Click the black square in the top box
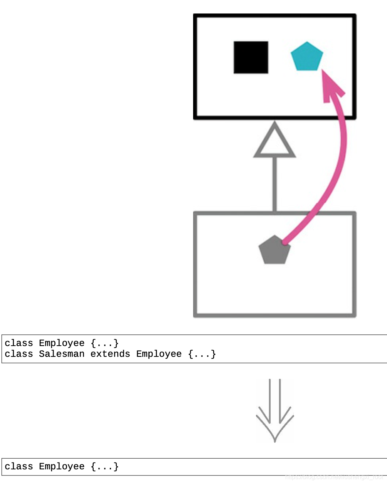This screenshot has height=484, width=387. click(251, 57)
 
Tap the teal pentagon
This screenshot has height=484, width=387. click(307, 57)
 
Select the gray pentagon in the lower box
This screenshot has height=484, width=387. click(274, 250)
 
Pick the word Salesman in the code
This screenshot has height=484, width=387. click(62, 354)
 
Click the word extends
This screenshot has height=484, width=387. click(110, 354)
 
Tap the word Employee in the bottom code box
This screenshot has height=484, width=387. click(62, 467)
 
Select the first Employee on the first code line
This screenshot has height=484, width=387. click(62, 343)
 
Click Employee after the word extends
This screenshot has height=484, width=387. click(159, 354)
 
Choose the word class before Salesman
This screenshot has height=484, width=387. click(19, 354)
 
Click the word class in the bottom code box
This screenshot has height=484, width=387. click(19, 467)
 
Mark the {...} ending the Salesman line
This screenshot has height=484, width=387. click(202, 354)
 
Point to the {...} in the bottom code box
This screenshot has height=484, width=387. click(105, 467)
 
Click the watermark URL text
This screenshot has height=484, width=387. click(335, 477)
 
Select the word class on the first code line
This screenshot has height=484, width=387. click(19, 343)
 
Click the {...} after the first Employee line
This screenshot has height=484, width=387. click(105, 343)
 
